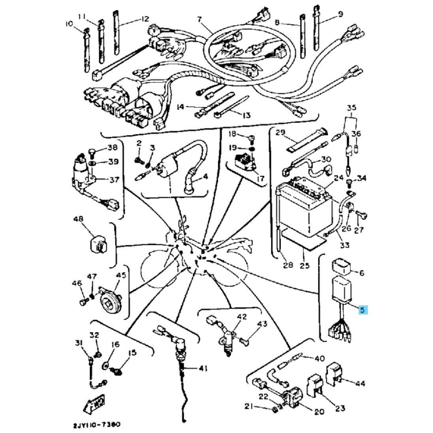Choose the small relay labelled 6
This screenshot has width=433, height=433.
(342, 266)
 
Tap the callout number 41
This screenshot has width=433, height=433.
(202, 369)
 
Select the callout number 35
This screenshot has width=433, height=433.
(352, 107)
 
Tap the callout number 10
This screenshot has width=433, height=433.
(70, 24)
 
